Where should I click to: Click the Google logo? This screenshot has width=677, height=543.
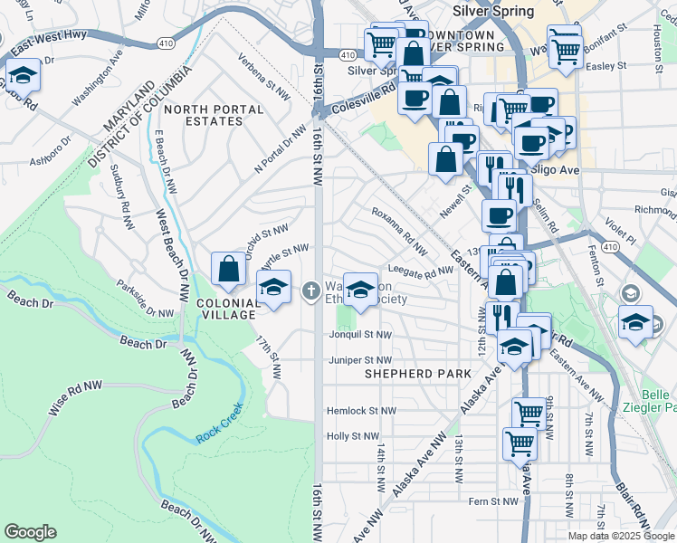pos(31,532)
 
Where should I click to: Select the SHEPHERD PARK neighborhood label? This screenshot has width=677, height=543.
pos(417,373)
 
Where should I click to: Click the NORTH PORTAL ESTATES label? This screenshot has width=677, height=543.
pos(225,115)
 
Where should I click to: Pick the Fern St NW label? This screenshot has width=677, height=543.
pos(493,500)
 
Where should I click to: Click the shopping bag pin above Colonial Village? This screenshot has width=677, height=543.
pos(228,269)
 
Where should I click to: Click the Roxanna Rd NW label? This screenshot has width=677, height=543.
pos(400,230)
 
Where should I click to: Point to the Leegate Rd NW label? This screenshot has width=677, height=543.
pos(420,271)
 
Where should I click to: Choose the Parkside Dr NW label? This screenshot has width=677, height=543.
pos(145,299)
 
